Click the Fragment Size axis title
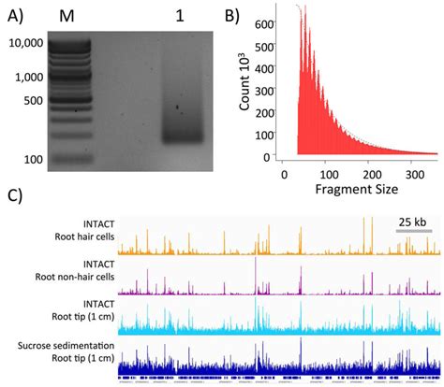coord(358,191)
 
